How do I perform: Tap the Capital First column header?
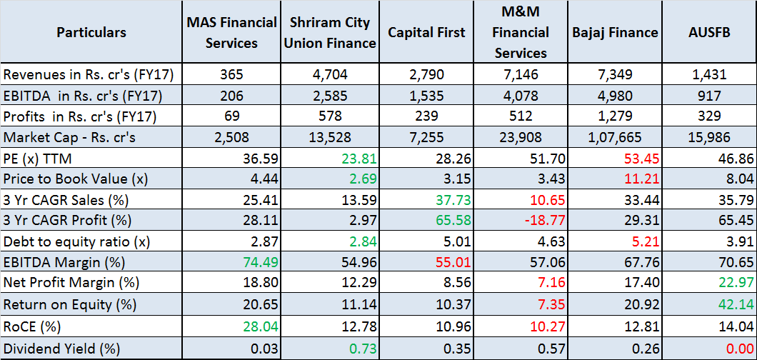426,33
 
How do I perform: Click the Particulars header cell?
91,33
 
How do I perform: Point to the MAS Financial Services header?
231,33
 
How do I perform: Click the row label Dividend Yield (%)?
61,349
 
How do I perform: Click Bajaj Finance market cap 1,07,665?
615,137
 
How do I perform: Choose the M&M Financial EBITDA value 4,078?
521,96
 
